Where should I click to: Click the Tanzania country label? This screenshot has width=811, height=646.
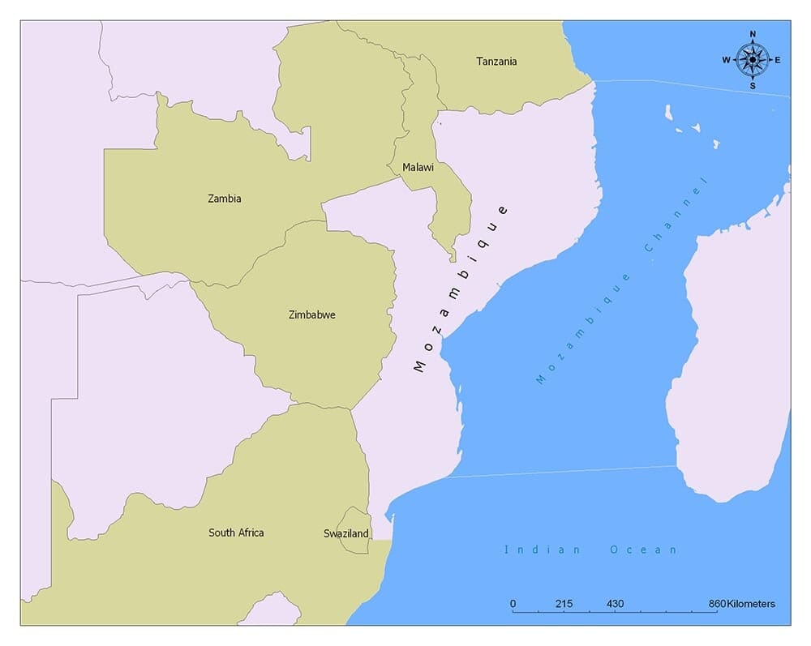[496, 62]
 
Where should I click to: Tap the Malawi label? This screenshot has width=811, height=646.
[418, 168]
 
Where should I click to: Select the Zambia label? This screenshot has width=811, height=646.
[224, 199]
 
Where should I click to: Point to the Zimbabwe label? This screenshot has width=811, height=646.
[311, 314]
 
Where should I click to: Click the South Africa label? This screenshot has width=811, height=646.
[236, 533]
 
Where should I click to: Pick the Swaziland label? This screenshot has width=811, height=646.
[346, 533]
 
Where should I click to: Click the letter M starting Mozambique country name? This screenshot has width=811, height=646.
[419, 366]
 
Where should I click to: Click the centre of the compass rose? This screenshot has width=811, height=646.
[753, 59]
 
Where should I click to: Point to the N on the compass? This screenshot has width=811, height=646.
[753, 35]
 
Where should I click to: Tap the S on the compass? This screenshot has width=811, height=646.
[753, 85]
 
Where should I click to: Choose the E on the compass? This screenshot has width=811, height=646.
[778, 60]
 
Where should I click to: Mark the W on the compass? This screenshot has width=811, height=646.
[727, 60]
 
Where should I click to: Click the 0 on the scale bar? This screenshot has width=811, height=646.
[513, 604]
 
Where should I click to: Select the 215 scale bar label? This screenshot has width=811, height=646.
[564, 604]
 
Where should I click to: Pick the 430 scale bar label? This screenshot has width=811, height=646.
[615, 604]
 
